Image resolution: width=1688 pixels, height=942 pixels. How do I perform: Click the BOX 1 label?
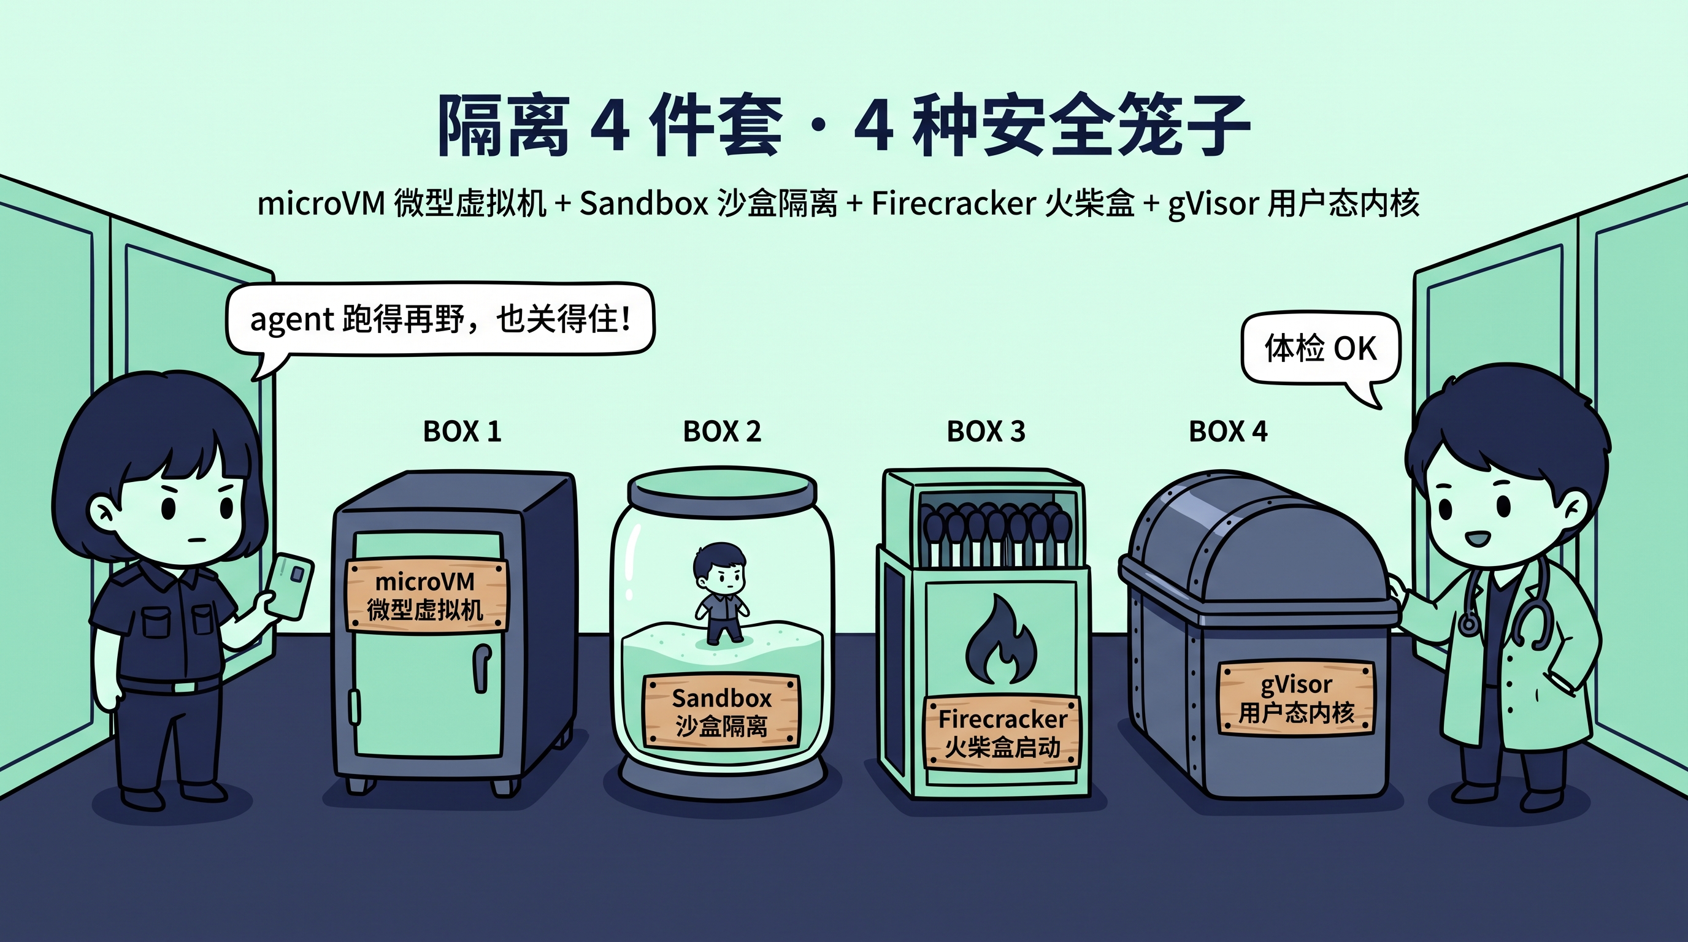point(462,431)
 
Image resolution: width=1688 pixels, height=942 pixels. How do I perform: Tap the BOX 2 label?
point(722,431)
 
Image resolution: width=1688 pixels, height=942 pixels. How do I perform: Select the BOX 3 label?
point(986,431)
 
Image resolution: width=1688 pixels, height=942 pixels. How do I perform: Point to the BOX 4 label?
point(1228,431)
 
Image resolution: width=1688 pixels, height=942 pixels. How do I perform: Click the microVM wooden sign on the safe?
point(426,595)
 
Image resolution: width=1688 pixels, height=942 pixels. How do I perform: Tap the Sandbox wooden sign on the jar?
point(721,711)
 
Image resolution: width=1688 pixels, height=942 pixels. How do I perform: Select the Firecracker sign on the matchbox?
point(1001,732)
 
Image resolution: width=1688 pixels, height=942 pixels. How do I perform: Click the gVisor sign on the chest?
point(1296,699)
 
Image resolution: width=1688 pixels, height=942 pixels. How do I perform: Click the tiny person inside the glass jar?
point(719,593)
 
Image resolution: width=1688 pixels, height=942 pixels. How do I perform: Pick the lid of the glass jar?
point(722,486)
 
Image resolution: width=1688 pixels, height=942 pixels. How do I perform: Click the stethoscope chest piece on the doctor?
point(1468,623)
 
